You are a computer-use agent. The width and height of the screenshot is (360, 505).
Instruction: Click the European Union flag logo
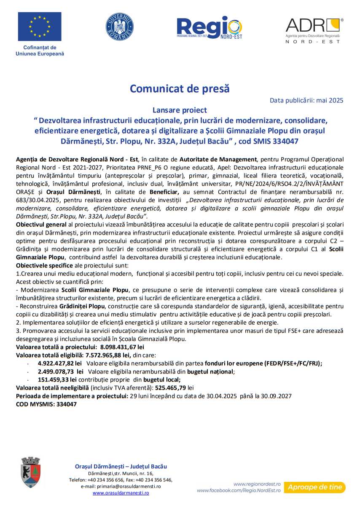pyautogui.click(x=40, y=27)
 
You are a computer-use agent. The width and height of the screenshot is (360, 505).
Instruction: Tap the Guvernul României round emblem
pyautogui.click(x=120, y=27)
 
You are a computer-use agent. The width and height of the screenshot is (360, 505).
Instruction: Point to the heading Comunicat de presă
pyautogui.click(x=180, y=89)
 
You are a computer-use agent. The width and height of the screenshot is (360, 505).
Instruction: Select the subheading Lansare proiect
pyautogui.click(x=180, y=110)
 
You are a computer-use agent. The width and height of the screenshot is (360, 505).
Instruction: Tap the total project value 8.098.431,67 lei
pyautogui.click(x=122, y=347)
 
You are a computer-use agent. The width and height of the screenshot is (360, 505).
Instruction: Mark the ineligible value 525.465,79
pyautogui.click(x=172, y=387)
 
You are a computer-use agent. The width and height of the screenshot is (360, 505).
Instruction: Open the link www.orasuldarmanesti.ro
pyautogui.click(x=121, y=492)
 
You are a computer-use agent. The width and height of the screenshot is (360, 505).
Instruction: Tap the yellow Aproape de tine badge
pyautogui.click(x=314, y=487)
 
